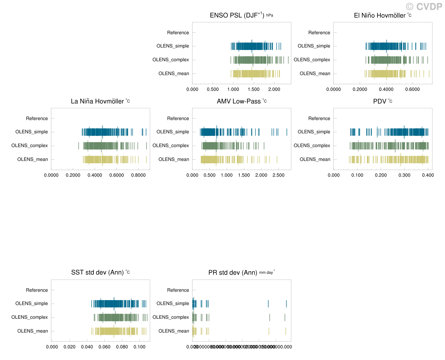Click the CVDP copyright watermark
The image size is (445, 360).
point(424,6)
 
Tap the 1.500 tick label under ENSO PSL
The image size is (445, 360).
point(254,89)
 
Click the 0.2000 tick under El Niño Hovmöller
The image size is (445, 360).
point(360,89)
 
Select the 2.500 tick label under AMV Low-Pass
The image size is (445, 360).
point(278,175)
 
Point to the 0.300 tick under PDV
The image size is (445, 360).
point(404,175)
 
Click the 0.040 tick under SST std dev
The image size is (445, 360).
point(87,347)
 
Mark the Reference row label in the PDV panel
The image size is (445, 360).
point(319,118)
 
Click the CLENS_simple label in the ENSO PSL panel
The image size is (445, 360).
point(173,46)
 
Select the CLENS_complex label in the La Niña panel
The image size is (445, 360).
point(30,146)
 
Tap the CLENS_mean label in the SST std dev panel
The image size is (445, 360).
point(33,331)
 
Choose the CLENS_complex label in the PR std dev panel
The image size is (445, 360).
point(171,317)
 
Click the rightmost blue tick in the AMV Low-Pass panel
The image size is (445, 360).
point(287,132)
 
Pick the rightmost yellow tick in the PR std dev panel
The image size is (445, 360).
point(286,331)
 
